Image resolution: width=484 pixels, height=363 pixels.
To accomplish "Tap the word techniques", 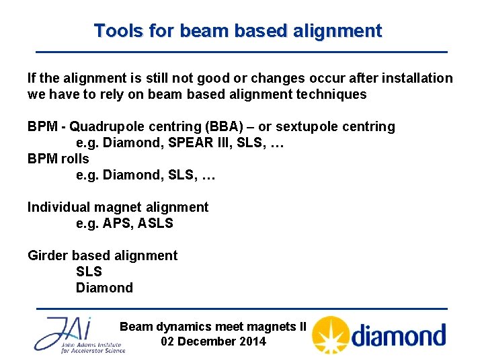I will point(332,95).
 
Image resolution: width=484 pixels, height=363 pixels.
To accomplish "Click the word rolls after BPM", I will point(75,159).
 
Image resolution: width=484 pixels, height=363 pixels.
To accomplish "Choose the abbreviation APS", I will point(118,224).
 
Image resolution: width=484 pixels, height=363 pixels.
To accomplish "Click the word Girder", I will point(48,256).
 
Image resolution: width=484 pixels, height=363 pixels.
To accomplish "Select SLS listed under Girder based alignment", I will point(89,272).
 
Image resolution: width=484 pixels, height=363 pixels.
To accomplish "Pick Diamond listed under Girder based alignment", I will point(104,288).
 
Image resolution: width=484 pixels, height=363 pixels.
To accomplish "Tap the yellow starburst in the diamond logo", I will point(329,335).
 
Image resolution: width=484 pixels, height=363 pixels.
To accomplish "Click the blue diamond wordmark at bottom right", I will point(399,335).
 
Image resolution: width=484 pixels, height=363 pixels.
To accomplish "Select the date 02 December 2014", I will point(214,341).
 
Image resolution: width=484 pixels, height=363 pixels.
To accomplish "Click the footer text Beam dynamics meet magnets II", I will point(213,327).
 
